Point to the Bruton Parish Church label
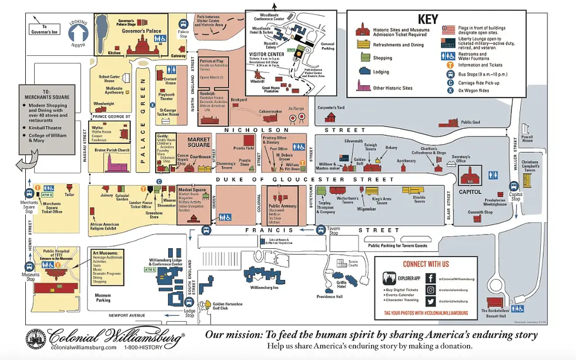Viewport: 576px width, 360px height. pos(115,150)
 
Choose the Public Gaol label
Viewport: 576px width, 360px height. pos(471,122)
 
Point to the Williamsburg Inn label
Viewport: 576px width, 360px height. pos(267,288)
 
